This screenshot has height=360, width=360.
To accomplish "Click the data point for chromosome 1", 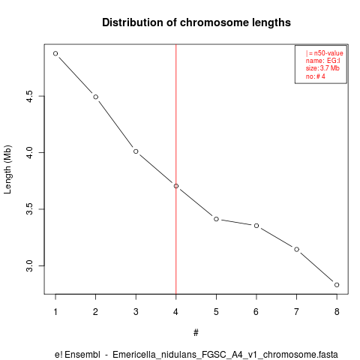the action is (55, 53).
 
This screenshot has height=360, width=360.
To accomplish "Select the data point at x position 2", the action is (96, 97).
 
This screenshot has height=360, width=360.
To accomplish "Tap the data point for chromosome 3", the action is (136, 151).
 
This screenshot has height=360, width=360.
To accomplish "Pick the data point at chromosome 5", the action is (216, 219).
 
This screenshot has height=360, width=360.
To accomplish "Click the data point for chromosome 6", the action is (256, 226).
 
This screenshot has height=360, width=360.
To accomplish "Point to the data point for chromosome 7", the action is (296, 249).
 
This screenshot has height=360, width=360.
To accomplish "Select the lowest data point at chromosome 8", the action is (337, 285).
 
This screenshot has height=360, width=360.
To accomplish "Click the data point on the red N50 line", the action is (176, 186).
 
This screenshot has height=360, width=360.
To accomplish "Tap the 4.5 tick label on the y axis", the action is (29, 96).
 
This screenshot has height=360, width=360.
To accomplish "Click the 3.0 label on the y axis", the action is (29, 265).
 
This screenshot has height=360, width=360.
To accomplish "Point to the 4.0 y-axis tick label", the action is (29, 152).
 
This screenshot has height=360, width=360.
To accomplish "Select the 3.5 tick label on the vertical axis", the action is (29, 209).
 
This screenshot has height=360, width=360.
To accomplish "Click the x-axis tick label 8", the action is (337, 312).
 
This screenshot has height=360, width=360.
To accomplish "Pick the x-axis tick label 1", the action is (55, 312).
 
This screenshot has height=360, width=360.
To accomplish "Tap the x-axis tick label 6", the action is (256, 312).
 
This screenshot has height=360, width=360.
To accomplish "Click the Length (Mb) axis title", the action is (7, 169).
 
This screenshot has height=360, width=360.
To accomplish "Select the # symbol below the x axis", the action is (196, 333).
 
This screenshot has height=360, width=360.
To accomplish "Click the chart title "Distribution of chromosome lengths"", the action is (196, 22).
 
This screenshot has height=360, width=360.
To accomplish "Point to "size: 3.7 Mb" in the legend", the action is (322, 68).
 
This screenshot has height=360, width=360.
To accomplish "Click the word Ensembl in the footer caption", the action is (82, 355).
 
